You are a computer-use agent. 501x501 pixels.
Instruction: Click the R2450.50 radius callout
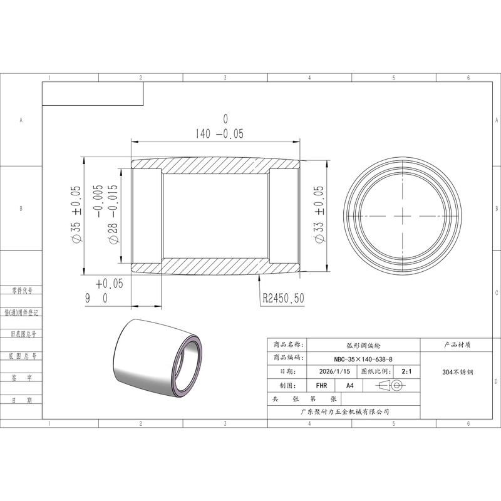[284, 299]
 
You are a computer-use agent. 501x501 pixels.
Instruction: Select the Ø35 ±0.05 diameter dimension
[76, 214]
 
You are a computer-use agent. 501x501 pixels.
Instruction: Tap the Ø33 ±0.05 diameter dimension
[319, 214]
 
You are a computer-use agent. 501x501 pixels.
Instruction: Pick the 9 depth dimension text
[88, 299]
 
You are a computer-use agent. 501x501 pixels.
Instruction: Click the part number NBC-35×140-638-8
[363, 359]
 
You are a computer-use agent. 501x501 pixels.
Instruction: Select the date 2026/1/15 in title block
[334, 371]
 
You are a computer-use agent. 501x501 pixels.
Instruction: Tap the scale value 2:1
[406, 371]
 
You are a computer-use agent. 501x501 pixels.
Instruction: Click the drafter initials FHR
[321, 386]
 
